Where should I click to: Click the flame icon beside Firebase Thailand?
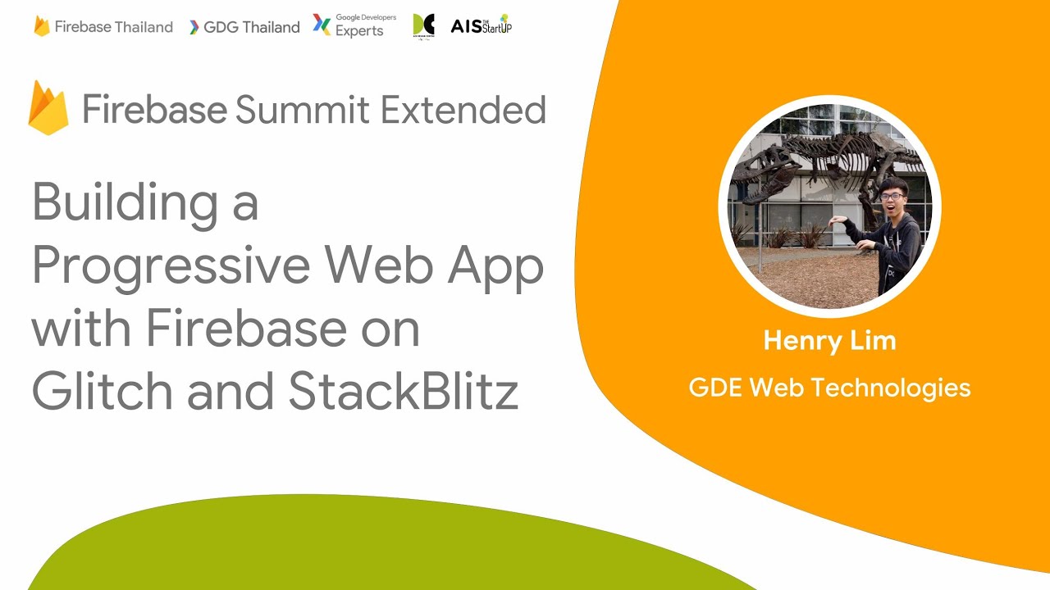coord(42,26)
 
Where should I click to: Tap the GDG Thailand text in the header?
coord(251,27)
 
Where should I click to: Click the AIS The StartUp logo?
coord(481,25)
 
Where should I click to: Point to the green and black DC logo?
coord(423,25)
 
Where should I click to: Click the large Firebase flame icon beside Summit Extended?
coord(48,108)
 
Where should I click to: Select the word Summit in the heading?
coord(302,110)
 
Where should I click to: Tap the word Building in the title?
coord(123,202)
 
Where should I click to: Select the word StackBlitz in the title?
coord(403,393)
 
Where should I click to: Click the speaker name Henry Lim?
coord(829,340)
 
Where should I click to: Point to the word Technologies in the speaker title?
coord(902,387)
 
